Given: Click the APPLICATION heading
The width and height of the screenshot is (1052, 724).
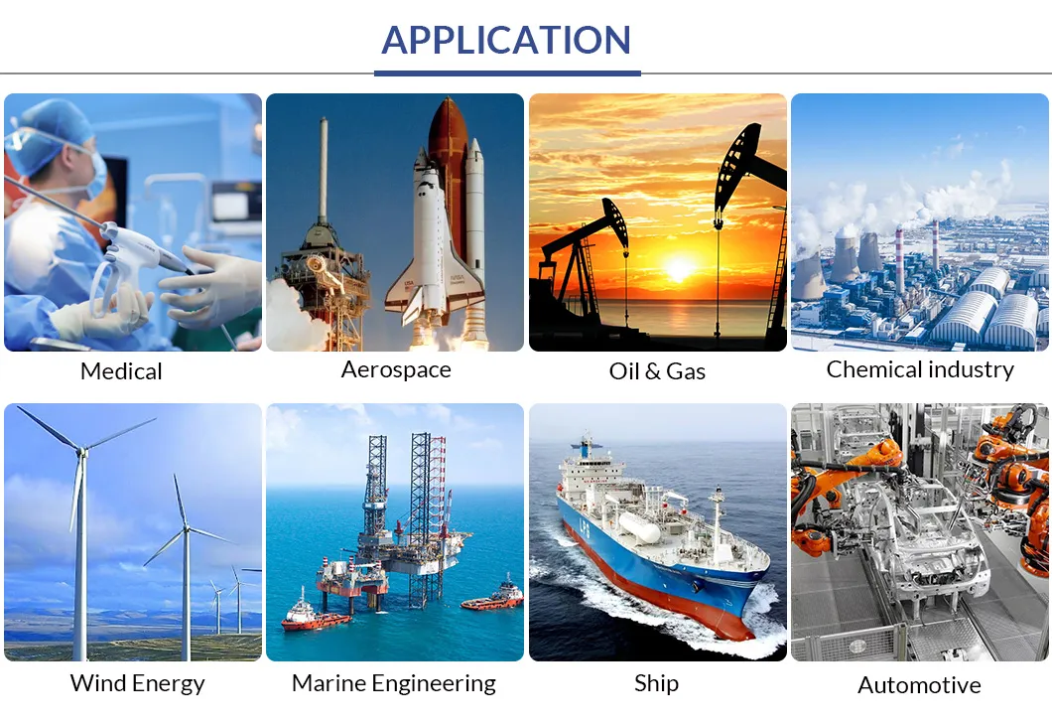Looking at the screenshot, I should [x=506, y=40].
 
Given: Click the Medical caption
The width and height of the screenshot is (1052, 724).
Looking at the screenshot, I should [x=121, y=371].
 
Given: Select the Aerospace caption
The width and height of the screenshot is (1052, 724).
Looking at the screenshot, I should [x=396, y=369].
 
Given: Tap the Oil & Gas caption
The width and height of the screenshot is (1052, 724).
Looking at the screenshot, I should [x=657, y=371].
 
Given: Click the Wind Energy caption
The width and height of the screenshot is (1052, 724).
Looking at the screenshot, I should [x=137, y=683].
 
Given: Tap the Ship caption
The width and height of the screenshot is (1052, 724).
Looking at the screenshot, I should [x=656, y=683].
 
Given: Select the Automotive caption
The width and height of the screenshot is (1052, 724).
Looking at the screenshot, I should [x=919, y=685].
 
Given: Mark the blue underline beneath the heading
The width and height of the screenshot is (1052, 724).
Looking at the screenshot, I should [x=507, y=72].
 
